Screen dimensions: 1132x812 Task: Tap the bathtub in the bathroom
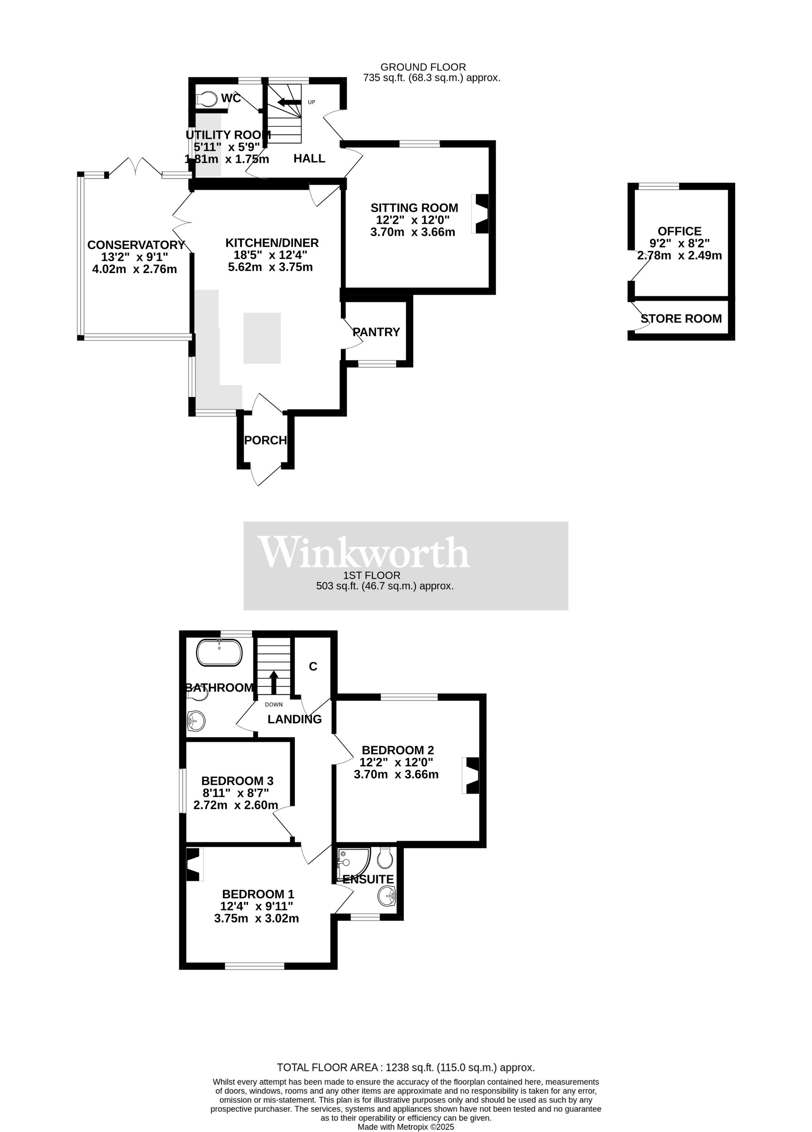pos(219,652)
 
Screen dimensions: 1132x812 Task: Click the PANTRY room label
pos(376,332)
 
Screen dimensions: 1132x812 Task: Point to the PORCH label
pos(265,440)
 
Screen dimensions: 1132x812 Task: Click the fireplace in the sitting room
pos(480,213)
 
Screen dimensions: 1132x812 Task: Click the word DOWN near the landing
pos(274,705)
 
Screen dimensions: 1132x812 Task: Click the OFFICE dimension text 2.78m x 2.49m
pos(679,256)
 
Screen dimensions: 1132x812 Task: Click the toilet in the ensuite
pos(384,858)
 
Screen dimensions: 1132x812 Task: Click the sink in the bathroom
pos(196,721)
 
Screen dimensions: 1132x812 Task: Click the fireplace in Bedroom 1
pos(194,864)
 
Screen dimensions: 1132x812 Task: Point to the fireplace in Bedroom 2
pos(472,775)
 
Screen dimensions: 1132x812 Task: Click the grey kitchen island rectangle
pos(262,338)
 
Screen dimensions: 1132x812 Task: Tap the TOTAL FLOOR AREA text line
pos(406,1068)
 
